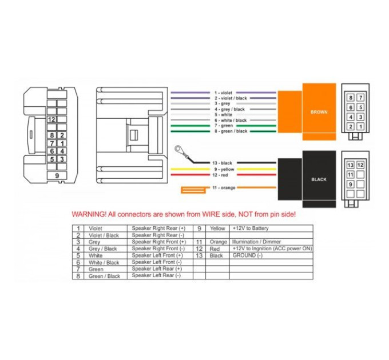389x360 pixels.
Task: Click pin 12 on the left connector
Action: pos(51,119)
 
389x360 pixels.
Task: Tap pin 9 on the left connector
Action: pos(57,175)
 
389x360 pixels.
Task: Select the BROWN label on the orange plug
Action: pos(319,112)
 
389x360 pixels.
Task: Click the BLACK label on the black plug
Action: pos(319,179)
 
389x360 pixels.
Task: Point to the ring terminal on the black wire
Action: pos(178,149)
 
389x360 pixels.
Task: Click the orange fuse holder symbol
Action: pos(193,190)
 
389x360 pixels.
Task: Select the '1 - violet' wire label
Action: pos(223,93)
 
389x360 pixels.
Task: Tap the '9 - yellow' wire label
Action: pos(224,169)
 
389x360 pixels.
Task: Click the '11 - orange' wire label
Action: pos(224,187)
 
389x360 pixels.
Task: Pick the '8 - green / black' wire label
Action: pos(231,131)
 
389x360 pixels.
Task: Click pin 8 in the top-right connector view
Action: pos(351,98)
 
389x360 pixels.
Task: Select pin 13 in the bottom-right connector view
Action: pos(350,165)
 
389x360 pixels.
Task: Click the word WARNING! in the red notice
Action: pos(89,214)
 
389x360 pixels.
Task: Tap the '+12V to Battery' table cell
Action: pos(251,228)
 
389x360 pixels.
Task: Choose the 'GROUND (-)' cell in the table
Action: pos(247,255)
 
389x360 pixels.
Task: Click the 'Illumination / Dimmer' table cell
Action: pos(256,242)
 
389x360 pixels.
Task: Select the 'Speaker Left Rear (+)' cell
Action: pos(157,269)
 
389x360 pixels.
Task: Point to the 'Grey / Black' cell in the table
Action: pos(103,249)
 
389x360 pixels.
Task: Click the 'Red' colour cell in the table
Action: pos(215,249)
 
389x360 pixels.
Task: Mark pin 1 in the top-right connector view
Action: pos(360,127)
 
